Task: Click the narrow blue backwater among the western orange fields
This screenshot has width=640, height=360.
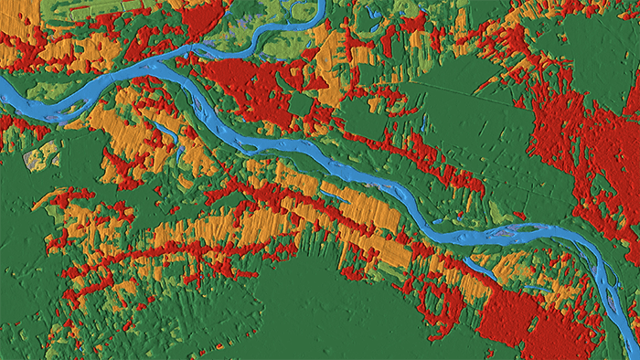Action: point(169,132)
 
